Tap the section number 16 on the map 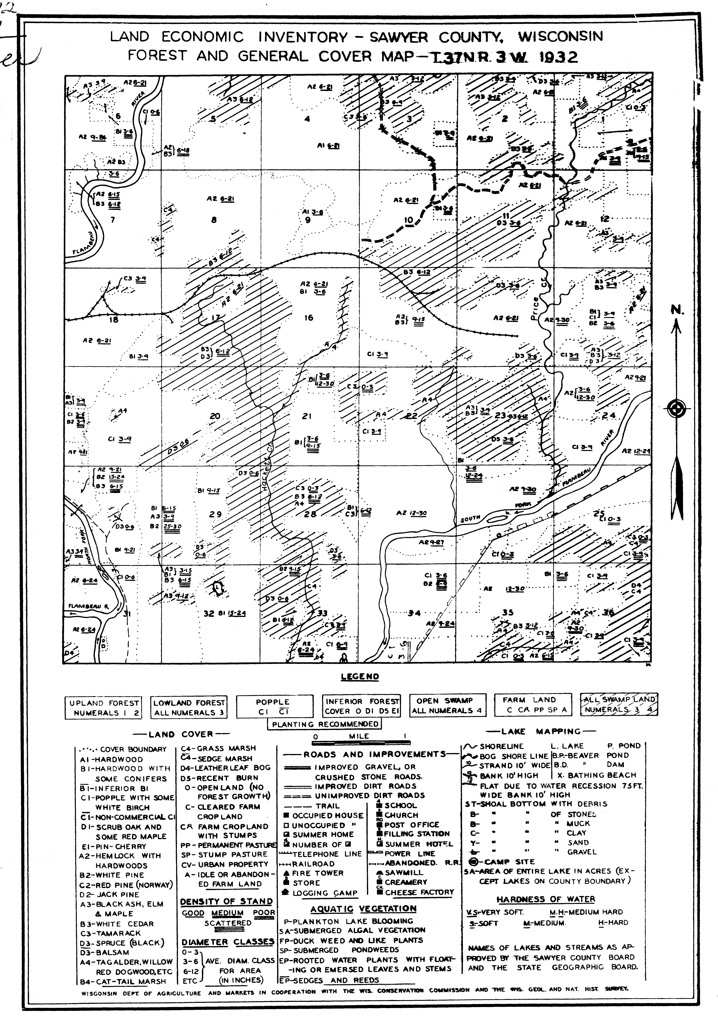pos(309,318)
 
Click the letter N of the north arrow pos(676,310)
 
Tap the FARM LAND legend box pos(532,705)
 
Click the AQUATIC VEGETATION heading pos(363,909)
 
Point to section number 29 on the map pos(216,514)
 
